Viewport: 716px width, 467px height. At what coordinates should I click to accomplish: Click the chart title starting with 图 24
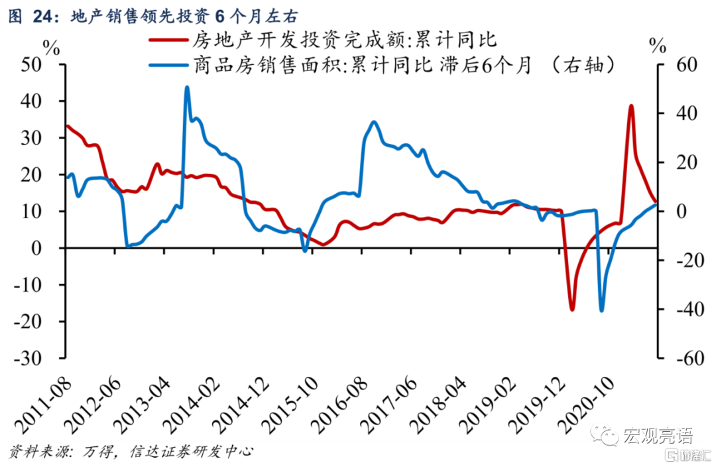tap(153, 15)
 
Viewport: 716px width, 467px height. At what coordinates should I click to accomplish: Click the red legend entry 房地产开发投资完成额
tap(344, 40)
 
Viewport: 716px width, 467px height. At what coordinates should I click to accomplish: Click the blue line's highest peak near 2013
tap(187, 87)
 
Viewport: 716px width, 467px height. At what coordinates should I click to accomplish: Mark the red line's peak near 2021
tap(631, 106)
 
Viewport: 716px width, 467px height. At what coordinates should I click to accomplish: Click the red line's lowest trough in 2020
tap(572, 309)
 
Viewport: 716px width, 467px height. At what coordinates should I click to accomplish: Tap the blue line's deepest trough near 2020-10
tap(602, 310)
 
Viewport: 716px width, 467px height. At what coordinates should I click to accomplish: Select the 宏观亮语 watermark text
tap(657, 435)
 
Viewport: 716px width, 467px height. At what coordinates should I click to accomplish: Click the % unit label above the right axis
tap(657, 46)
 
